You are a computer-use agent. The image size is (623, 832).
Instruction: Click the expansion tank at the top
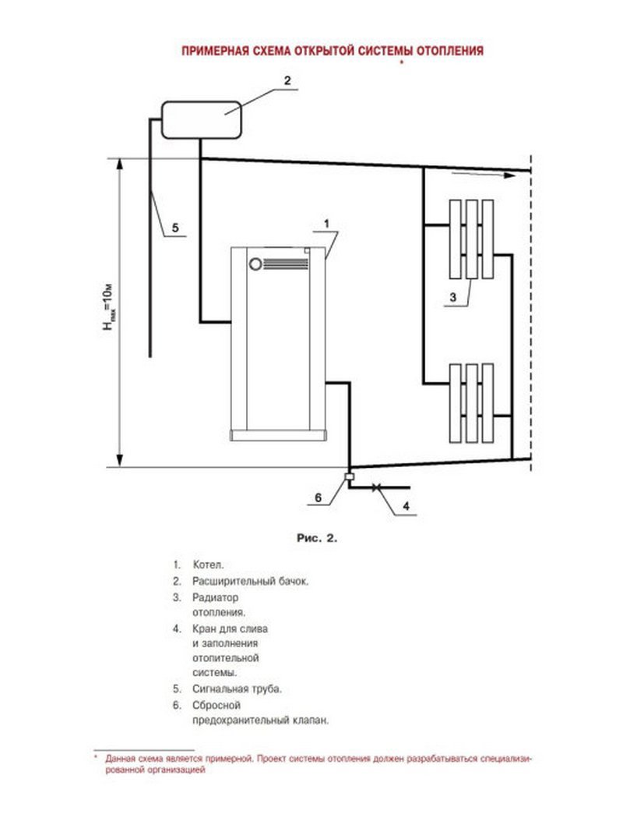click(202, 120)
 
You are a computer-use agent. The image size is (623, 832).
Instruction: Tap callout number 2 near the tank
click(287, 80)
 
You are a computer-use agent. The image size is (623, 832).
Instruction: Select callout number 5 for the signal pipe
click(174, 228)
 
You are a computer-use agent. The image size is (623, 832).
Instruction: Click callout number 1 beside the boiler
click(326, 223)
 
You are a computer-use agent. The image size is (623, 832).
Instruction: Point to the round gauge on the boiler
click(255, 264)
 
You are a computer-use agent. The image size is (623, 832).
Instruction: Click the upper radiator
click(471, 239)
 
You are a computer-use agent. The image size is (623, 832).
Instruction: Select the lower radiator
click(471, 402)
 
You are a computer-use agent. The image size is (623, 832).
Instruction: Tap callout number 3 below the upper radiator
click(452, 298)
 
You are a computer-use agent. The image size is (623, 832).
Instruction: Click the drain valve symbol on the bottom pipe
click(376, 487)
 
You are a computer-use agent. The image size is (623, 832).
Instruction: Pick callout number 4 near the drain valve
click(406, 506)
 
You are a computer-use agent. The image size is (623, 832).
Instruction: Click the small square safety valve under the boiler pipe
click(349, 476)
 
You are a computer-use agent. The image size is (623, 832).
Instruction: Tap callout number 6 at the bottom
click(318, 497)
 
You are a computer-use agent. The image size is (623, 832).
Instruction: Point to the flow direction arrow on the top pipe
click(483, 174)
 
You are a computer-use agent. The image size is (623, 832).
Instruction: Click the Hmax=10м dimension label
click(108, 307)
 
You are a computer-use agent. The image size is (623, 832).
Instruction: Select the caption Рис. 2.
click(317, 538)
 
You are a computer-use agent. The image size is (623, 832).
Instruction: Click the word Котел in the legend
click(208, 565)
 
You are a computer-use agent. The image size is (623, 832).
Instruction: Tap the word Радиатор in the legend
click(215, 597)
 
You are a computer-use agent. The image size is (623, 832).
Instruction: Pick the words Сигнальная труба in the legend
click(237, 689)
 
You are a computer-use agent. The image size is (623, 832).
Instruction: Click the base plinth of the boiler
click(278, 435)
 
